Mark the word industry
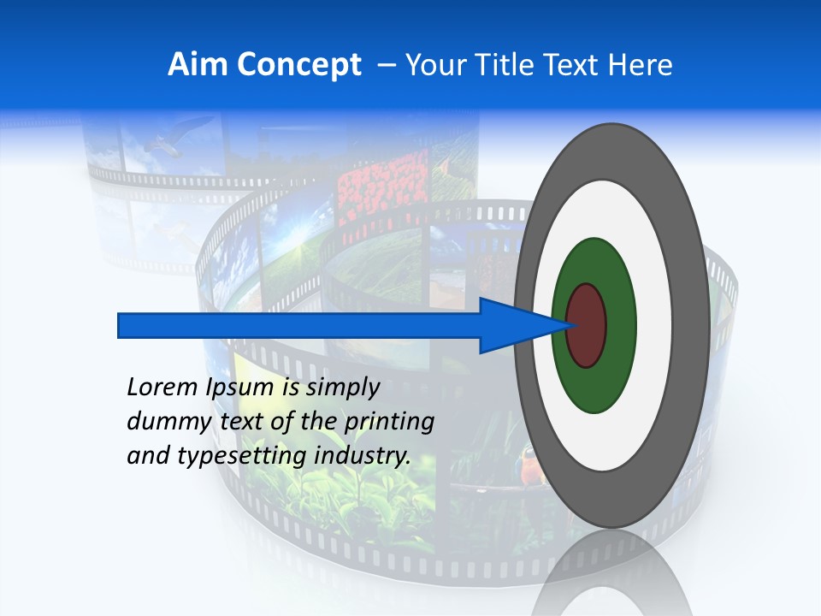pyautogui.click(x=363, y=456)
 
